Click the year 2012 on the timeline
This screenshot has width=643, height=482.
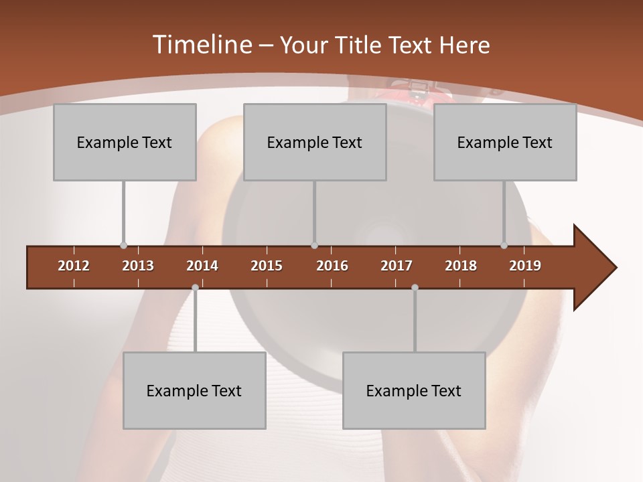pos(74,266)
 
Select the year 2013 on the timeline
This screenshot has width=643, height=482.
pos(138,266)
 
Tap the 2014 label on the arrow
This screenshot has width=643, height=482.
pos(202,266)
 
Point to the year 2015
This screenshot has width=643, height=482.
pos(267,266)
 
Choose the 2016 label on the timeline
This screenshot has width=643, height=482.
pos(332,266)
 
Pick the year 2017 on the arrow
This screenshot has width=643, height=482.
pos(397,266)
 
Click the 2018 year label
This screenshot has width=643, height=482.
pos(461,266)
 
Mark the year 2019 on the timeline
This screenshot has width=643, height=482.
pos(525,266)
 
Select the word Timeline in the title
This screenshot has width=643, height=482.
pos(201,45)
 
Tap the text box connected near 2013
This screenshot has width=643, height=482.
pos(125,142)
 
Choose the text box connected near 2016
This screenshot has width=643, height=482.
pos(315,142)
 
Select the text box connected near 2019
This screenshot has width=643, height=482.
pos(505,142)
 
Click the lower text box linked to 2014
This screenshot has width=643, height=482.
pos(194,390)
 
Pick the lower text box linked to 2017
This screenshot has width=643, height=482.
pos(414,390)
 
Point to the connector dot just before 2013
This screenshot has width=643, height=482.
pos(123,246)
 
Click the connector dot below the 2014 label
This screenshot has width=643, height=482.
pos(195,288)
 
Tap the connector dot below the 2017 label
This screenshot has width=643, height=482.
pos(415,288)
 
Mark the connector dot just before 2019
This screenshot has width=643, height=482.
pos(504,246)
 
